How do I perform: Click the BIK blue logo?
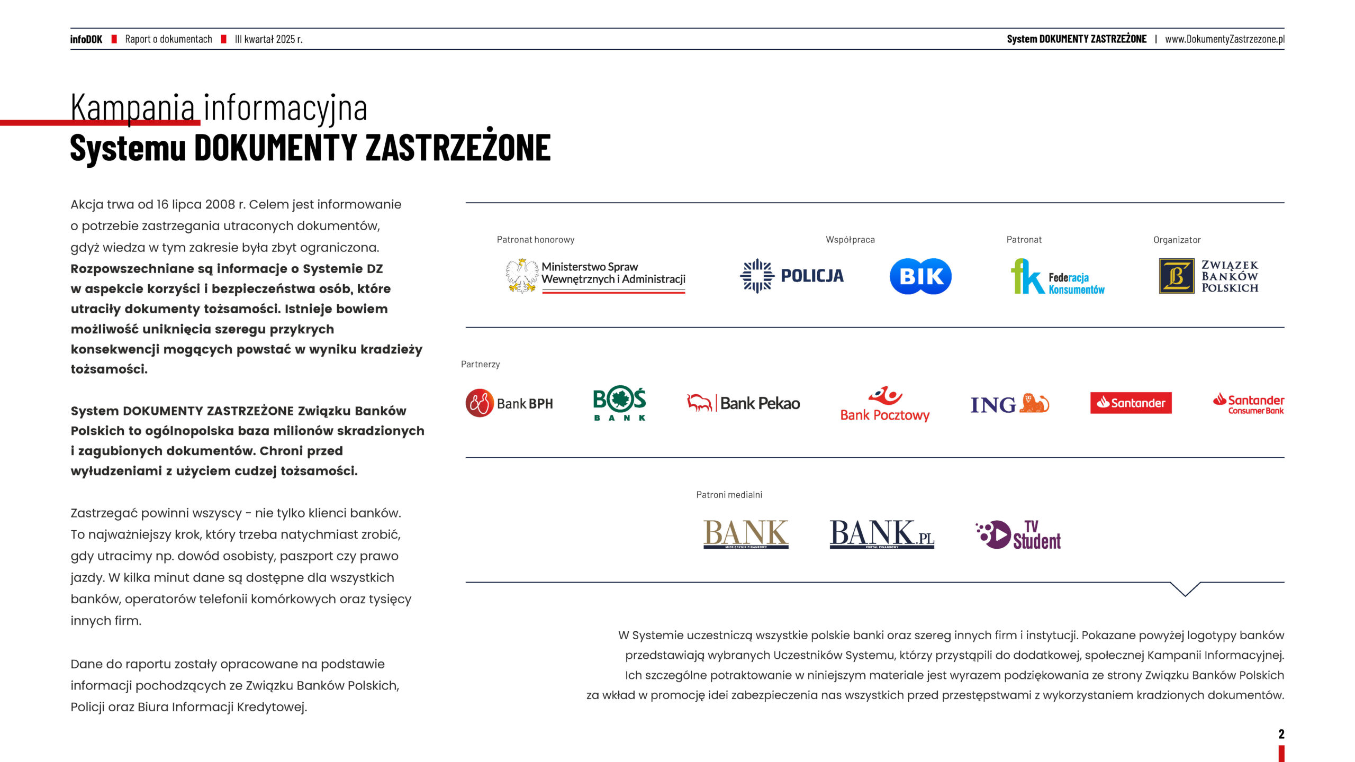pyautogui.click(x=920, y=276)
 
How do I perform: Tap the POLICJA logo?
pyautogui.click(x=792, y=276)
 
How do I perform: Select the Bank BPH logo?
pyautogui.click(x=509, y=403)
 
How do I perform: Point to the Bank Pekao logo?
pyautogui.click(x=743, y=403)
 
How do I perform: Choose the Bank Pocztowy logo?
pyautogui.click(x=885, y=404)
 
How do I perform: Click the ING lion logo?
pyautogui.click(x=1010, y=404)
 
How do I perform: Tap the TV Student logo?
pyautogui.click(x=1018, y=535)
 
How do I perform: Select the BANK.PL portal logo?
pyautogui.click(x=882, y=534)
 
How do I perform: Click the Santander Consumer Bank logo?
pyautogui.click(x=1249, y=404)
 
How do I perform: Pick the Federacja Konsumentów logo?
pyautogui.click(x=1058, y=277)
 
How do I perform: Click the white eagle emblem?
pyautogui.click(x=521, y=276)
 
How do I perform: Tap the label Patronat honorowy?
pyautogui.click(x=535, y=240)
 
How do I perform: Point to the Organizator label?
pyautogui.click(x=1177, y=240)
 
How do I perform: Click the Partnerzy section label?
pyautogui.click(x=480, y=364)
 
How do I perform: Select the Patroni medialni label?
pyautogui.click(x=729, y=495)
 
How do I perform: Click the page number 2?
pyautogui.click(x=1281, y=734)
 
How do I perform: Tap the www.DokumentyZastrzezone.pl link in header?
pyautogui.click(x=1224, y=39)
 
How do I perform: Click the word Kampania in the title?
pyautogui.click(x=133, y=107)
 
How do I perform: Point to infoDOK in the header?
pyautogui.click(x=86, y=39)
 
